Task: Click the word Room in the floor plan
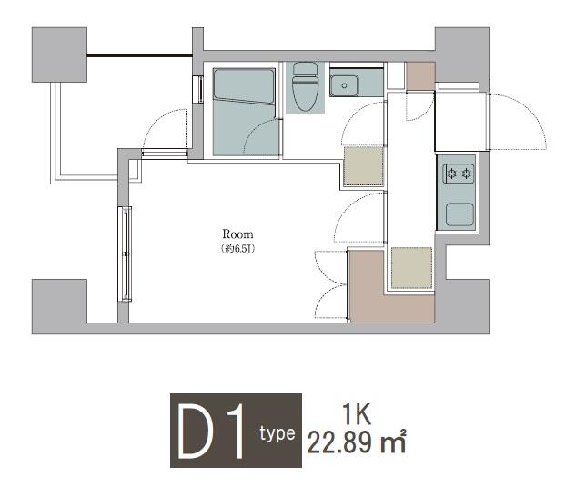(x=237, y=234)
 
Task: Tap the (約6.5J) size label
(x=238, y=248)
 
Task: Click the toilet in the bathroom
(x=305, y=86)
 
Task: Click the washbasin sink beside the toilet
(x=344, y=85)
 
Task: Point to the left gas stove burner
(x=452, y=174)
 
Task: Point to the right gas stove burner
(x=467, y=174)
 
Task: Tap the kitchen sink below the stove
(x=459, y=214)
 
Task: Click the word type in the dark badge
(x=277, y=433)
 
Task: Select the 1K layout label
(x=357, y=414)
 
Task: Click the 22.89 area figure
(x=339, y=442)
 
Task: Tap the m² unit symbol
(x=394, y=442)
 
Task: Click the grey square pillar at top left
(x=59, y=55)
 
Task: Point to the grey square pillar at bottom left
(x=59, y=306)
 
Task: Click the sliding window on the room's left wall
(x=125, y=253)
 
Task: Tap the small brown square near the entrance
(x=420, y=76)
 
